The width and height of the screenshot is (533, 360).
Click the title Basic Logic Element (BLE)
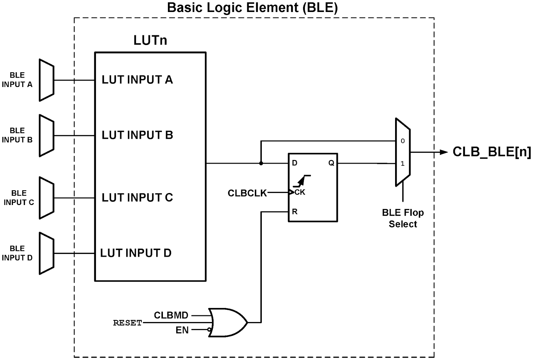click(252, 7)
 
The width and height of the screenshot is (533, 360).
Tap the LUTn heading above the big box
click(150, 40)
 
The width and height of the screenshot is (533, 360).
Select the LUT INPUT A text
click(137, 80)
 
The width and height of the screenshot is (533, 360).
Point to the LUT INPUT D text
click(136, 253)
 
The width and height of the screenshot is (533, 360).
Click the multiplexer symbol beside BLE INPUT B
click(47, 136)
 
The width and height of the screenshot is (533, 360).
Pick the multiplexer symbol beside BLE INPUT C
click(47, 198)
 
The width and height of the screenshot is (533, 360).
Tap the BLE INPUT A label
click(17, 80)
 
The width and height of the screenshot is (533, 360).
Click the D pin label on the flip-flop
click(294, 163)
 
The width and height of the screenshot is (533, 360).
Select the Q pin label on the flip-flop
click(331, 163)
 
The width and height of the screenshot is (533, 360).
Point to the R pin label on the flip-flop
click(295, 212)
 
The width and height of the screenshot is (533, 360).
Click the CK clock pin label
click(300, 192)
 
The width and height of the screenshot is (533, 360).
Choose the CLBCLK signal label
click(247, 193)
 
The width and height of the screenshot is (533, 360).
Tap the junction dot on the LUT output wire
click(261, 163)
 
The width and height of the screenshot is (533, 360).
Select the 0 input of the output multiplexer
click(402, 141)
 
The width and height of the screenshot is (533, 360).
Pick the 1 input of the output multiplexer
click(402, 164)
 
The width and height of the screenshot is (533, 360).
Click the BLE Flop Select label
click(403, 218)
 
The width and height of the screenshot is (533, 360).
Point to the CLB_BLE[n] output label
click(492, 152)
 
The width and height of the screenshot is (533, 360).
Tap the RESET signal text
click(127, 323)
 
